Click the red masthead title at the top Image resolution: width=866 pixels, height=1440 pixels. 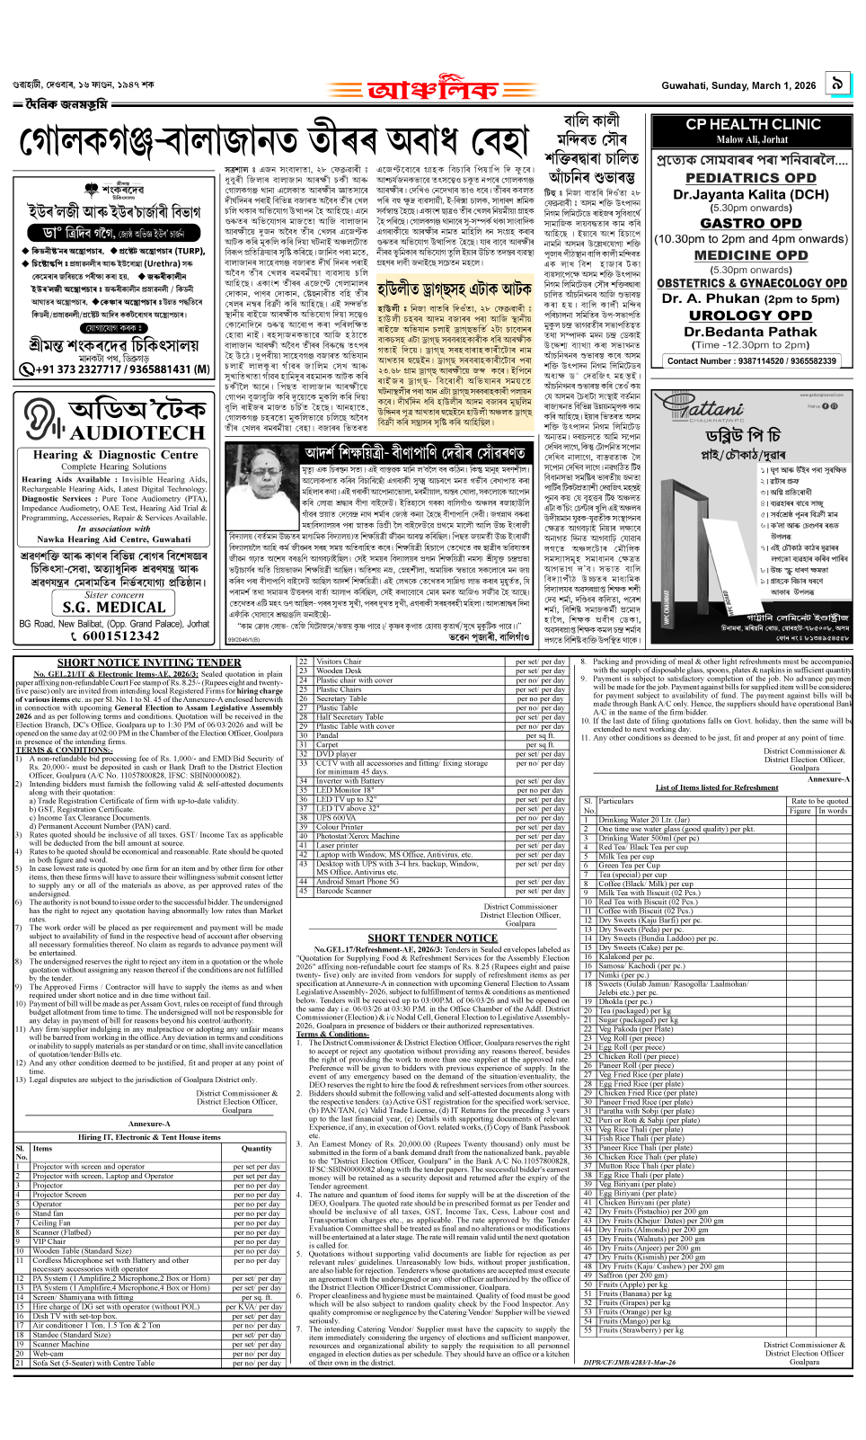(432, 89)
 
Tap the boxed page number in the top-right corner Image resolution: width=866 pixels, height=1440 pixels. (837, 84)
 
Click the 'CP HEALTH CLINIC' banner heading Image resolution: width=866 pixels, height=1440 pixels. (753, 124)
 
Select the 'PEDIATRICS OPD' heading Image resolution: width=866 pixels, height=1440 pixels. (751, 178)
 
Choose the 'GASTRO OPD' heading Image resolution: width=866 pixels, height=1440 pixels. (751, 223)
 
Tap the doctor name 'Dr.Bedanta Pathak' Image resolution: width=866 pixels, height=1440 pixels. (751, 331)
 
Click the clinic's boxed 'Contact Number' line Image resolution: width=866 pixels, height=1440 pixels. (751, 360)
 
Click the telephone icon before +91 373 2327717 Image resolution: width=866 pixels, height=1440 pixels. (27, 369)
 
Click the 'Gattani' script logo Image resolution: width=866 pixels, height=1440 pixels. (711, 409)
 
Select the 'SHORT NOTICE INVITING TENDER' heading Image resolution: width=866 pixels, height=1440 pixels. (149, 662)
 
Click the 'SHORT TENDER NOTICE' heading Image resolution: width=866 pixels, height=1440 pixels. (432, 938)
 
